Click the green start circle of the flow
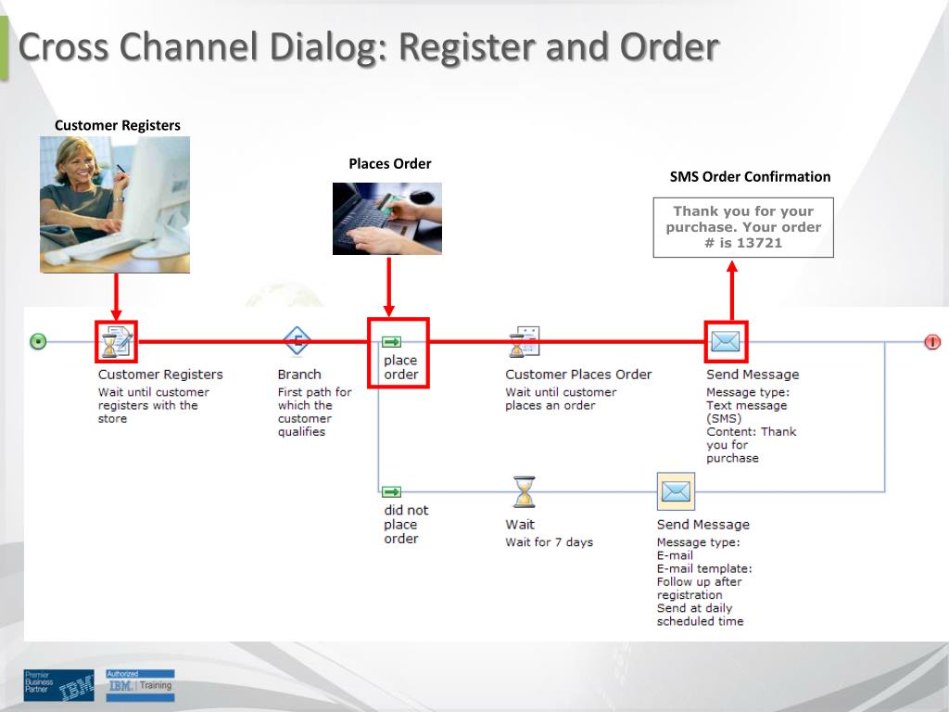point(38,342)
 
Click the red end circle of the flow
point(931,342)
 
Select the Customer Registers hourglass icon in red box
point(117,341)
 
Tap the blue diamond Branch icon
point(297,341)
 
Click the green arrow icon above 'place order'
point(392,342)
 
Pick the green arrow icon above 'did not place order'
point(392,492)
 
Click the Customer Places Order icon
point(524,341)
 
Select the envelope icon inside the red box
point(726,342)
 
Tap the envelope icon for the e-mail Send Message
point(676,491)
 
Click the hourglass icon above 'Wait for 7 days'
point(524,491)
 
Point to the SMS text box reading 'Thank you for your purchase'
point(743,227)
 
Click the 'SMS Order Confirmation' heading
point(750,177)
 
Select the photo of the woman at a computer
point(115,204)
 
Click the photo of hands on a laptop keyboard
point(387,219)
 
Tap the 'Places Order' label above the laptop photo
point(389,164)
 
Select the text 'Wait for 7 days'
point(549,542)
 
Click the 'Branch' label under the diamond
point(299,375)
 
